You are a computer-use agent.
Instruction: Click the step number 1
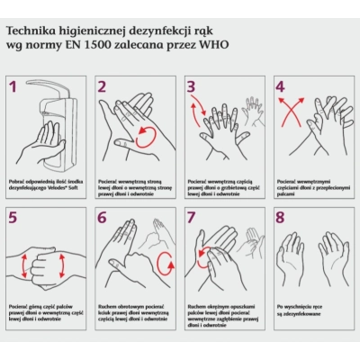pyautogui.click(x=13, y=87)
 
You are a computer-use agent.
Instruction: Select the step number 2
pyautogui.click(x=103, y=87)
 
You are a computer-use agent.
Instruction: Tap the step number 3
pyautogui.click(x=191, y=87)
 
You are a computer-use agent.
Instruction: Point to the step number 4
pyautogui.click(x=280, y=87)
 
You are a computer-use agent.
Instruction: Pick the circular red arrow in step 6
pyautogui.click(x=164, y=263)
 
